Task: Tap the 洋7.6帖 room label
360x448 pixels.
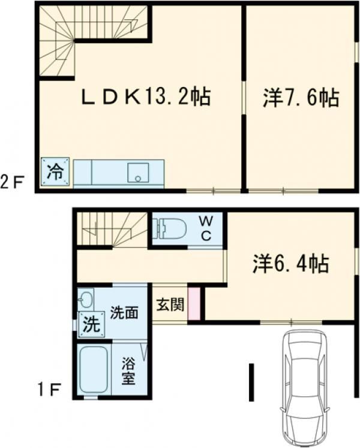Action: point(301,98)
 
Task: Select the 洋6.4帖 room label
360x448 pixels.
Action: point(290,263)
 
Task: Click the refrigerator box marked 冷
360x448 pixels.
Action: point(55,172)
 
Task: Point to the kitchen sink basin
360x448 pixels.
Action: point(138,172)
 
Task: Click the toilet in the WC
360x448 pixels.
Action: point(170,228)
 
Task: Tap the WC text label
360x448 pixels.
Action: point(206,228)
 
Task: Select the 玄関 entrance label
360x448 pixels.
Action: point(170,305)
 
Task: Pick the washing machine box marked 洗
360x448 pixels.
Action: point(92,324)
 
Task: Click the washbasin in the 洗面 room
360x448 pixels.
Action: point(85,299)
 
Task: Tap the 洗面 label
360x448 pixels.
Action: point(124,312)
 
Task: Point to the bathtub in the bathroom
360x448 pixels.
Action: point(94,369)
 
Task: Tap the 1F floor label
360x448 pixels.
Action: point(49,390)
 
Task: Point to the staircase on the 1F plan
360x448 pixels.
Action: point(112,228)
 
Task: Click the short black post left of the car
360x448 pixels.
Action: point(251,382)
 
